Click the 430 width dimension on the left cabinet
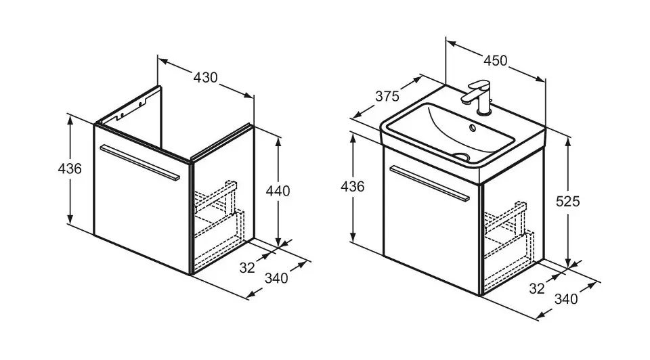click(x=205, y=77)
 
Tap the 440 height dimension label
click(x=278, y=191)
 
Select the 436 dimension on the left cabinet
click(x=69, y=168)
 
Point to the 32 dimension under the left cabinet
click(x=247, y=267)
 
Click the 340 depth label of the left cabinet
click(x=276, y=277)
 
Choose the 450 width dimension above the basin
click(x=494, y=61)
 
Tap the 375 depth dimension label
click(x=387, y=96)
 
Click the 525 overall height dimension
click(x=567, y=200)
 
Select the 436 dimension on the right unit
click(x=352, y=187)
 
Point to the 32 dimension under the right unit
click(x=537, y=288)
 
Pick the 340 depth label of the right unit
click(x=565, y=298)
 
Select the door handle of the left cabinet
click(x=139, y=162)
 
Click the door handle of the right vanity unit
click(x=430, y=183)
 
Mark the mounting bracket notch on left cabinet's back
click(x=142, y=103)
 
